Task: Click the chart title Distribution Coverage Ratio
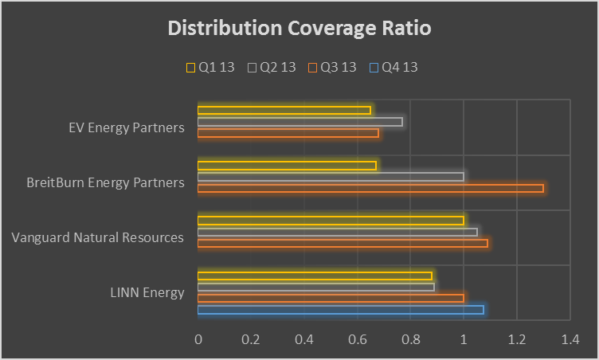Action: [299, 29]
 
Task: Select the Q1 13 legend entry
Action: [210, 68]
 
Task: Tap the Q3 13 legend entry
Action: [332, 68]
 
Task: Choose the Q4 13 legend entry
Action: [393, 68]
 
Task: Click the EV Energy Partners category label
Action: [127, 127]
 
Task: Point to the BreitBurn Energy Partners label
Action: [105, 182]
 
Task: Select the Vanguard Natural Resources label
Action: [98, 237]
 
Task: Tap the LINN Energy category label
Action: [147, 292]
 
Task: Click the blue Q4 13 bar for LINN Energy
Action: [340, 309]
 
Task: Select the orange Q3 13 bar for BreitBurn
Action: [370, 188]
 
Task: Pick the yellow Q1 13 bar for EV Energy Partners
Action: [284, 110]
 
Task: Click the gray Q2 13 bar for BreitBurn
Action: [331, 176]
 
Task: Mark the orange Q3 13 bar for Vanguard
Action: [343, 243]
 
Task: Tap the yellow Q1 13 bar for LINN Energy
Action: [315, 276]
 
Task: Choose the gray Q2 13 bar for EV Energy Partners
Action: [299, 122]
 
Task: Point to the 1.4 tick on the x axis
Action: [570, 339]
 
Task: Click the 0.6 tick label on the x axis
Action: [357, 339]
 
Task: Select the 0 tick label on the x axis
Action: [198, 339]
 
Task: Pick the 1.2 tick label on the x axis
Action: [516, 339]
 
